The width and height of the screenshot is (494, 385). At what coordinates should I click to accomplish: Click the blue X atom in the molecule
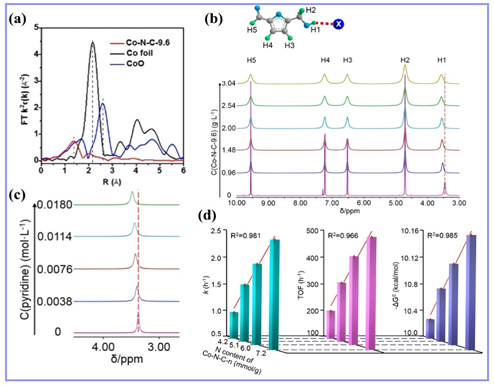pyautogui.click(x=339, y=23)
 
